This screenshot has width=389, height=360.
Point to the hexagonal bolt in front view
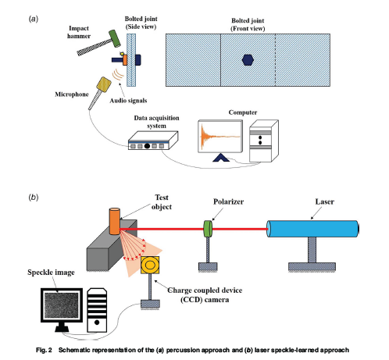[247, 59]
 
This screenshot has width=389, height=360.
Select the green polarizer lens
[208, 229]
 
